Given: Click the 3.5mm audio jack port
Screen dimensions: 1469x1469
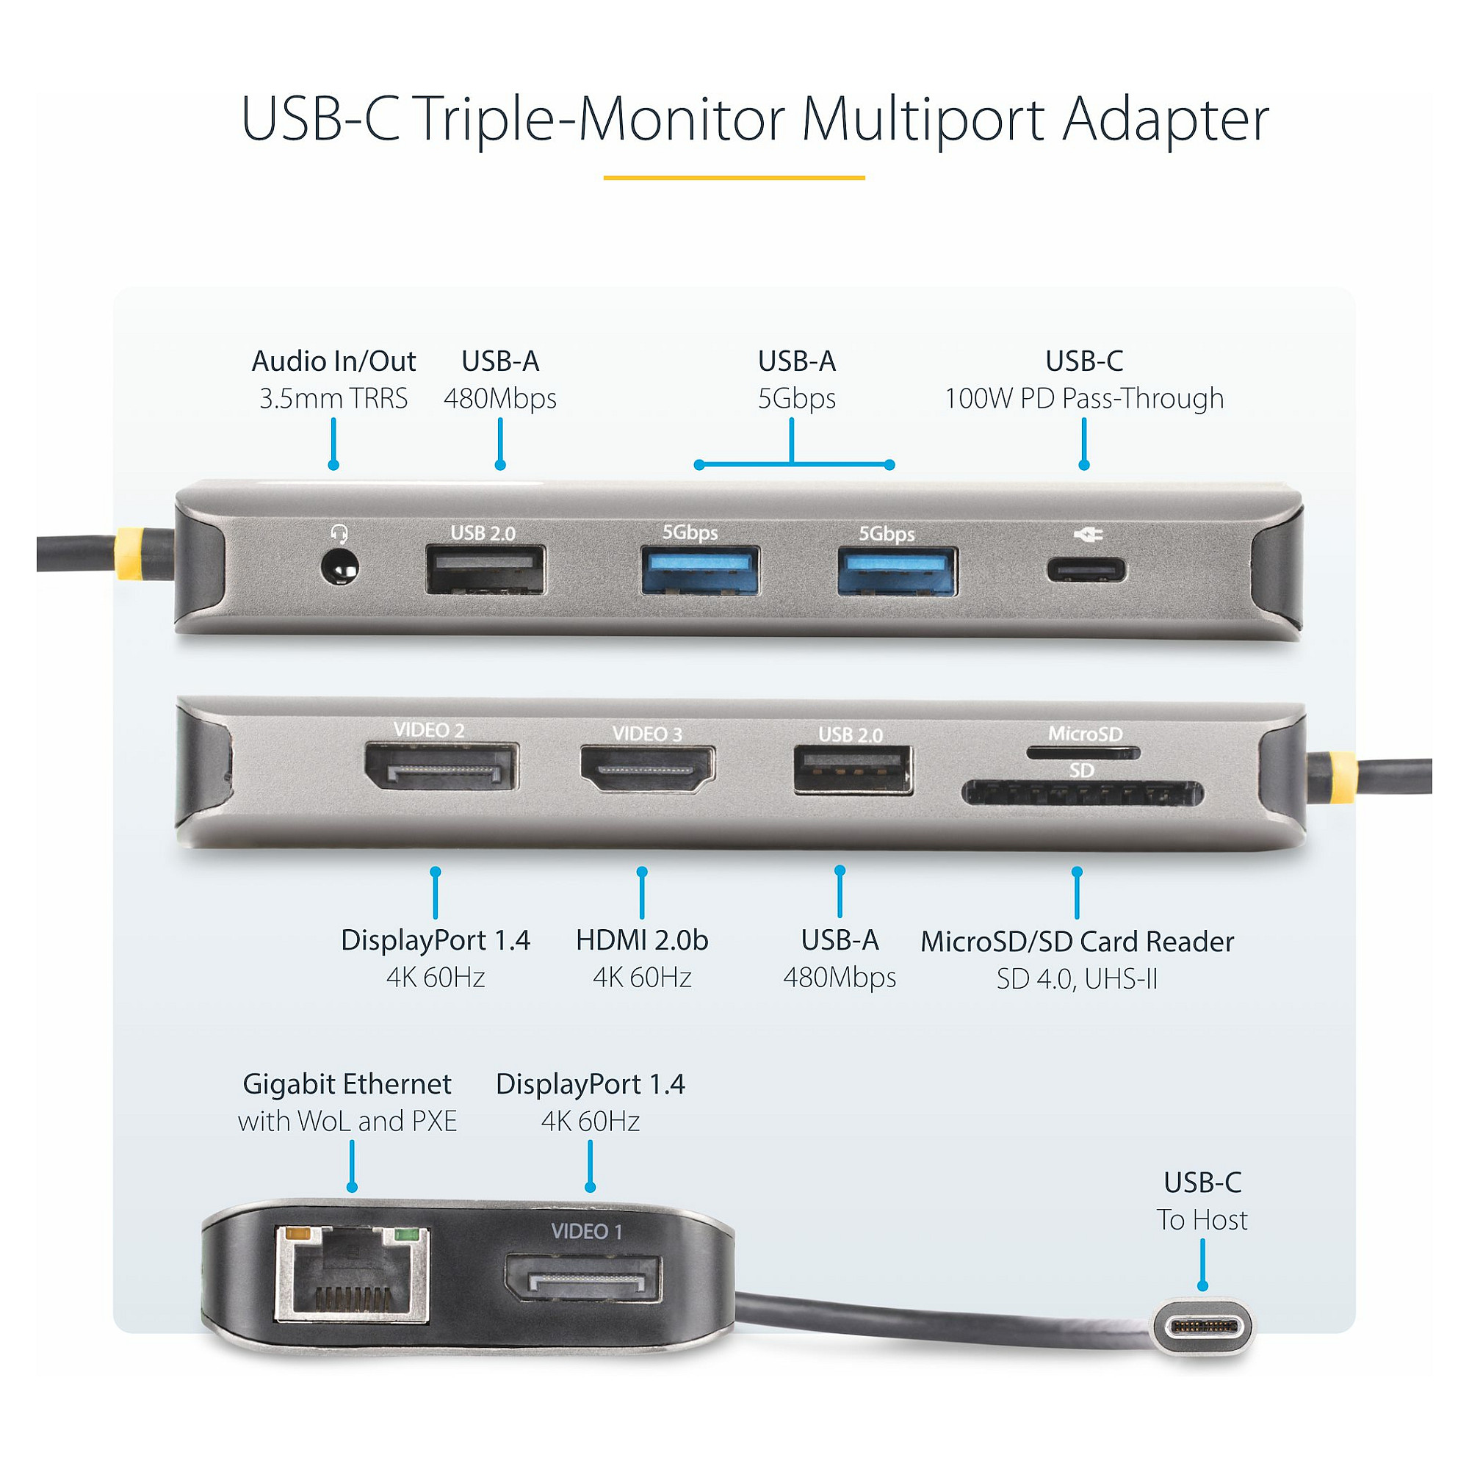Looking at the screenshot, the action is coord(339,568).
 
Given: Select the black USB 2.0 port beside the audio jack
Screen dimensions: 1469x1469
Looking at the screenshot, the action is coord(485,569).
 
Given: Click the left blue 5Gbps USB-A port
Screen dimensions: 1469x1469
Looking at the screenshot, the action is coord(700,569).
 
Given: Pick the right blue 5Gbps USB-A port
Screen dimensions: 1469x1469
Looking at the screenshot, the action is coord(898,570).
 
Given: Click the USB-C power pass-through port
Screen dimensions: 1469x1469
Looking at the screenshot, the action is coord(1087,569).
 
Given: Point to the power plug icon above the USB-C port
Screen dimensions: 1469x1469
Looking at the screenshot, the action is coord(1088,535).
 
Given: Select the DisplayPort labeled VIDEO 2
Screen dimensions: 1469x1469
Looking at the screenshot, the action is coord(441,766).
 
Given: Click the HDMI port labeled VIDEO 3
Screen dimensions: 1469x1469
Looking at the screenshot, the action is coord(648,769).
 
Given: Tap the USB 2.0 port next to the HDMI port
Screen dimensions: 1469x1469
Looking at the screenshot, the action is coord(852,770).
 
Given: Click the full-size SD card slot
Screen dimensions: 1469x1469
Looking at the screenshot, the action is coord(1082,794).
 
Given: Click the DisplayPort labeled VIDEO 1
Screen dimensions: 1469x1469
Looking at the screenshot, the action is coord(582,1279).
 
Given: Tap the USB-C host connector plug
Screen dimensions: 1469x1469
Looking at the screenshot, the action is coord(1202,1327).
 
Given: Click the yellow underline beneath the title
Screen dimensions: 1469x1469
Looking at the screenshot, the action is coord(734,178).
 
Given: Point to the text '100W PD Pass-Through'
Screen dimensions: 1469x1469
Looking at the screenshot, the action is coord(1083,398).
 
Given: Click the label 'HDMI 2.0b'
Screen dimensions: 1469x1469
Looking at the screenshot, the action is coord(642,941).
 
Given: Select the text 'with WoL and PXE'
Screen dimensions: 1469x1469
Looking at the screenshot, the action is coord(347,1122).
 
